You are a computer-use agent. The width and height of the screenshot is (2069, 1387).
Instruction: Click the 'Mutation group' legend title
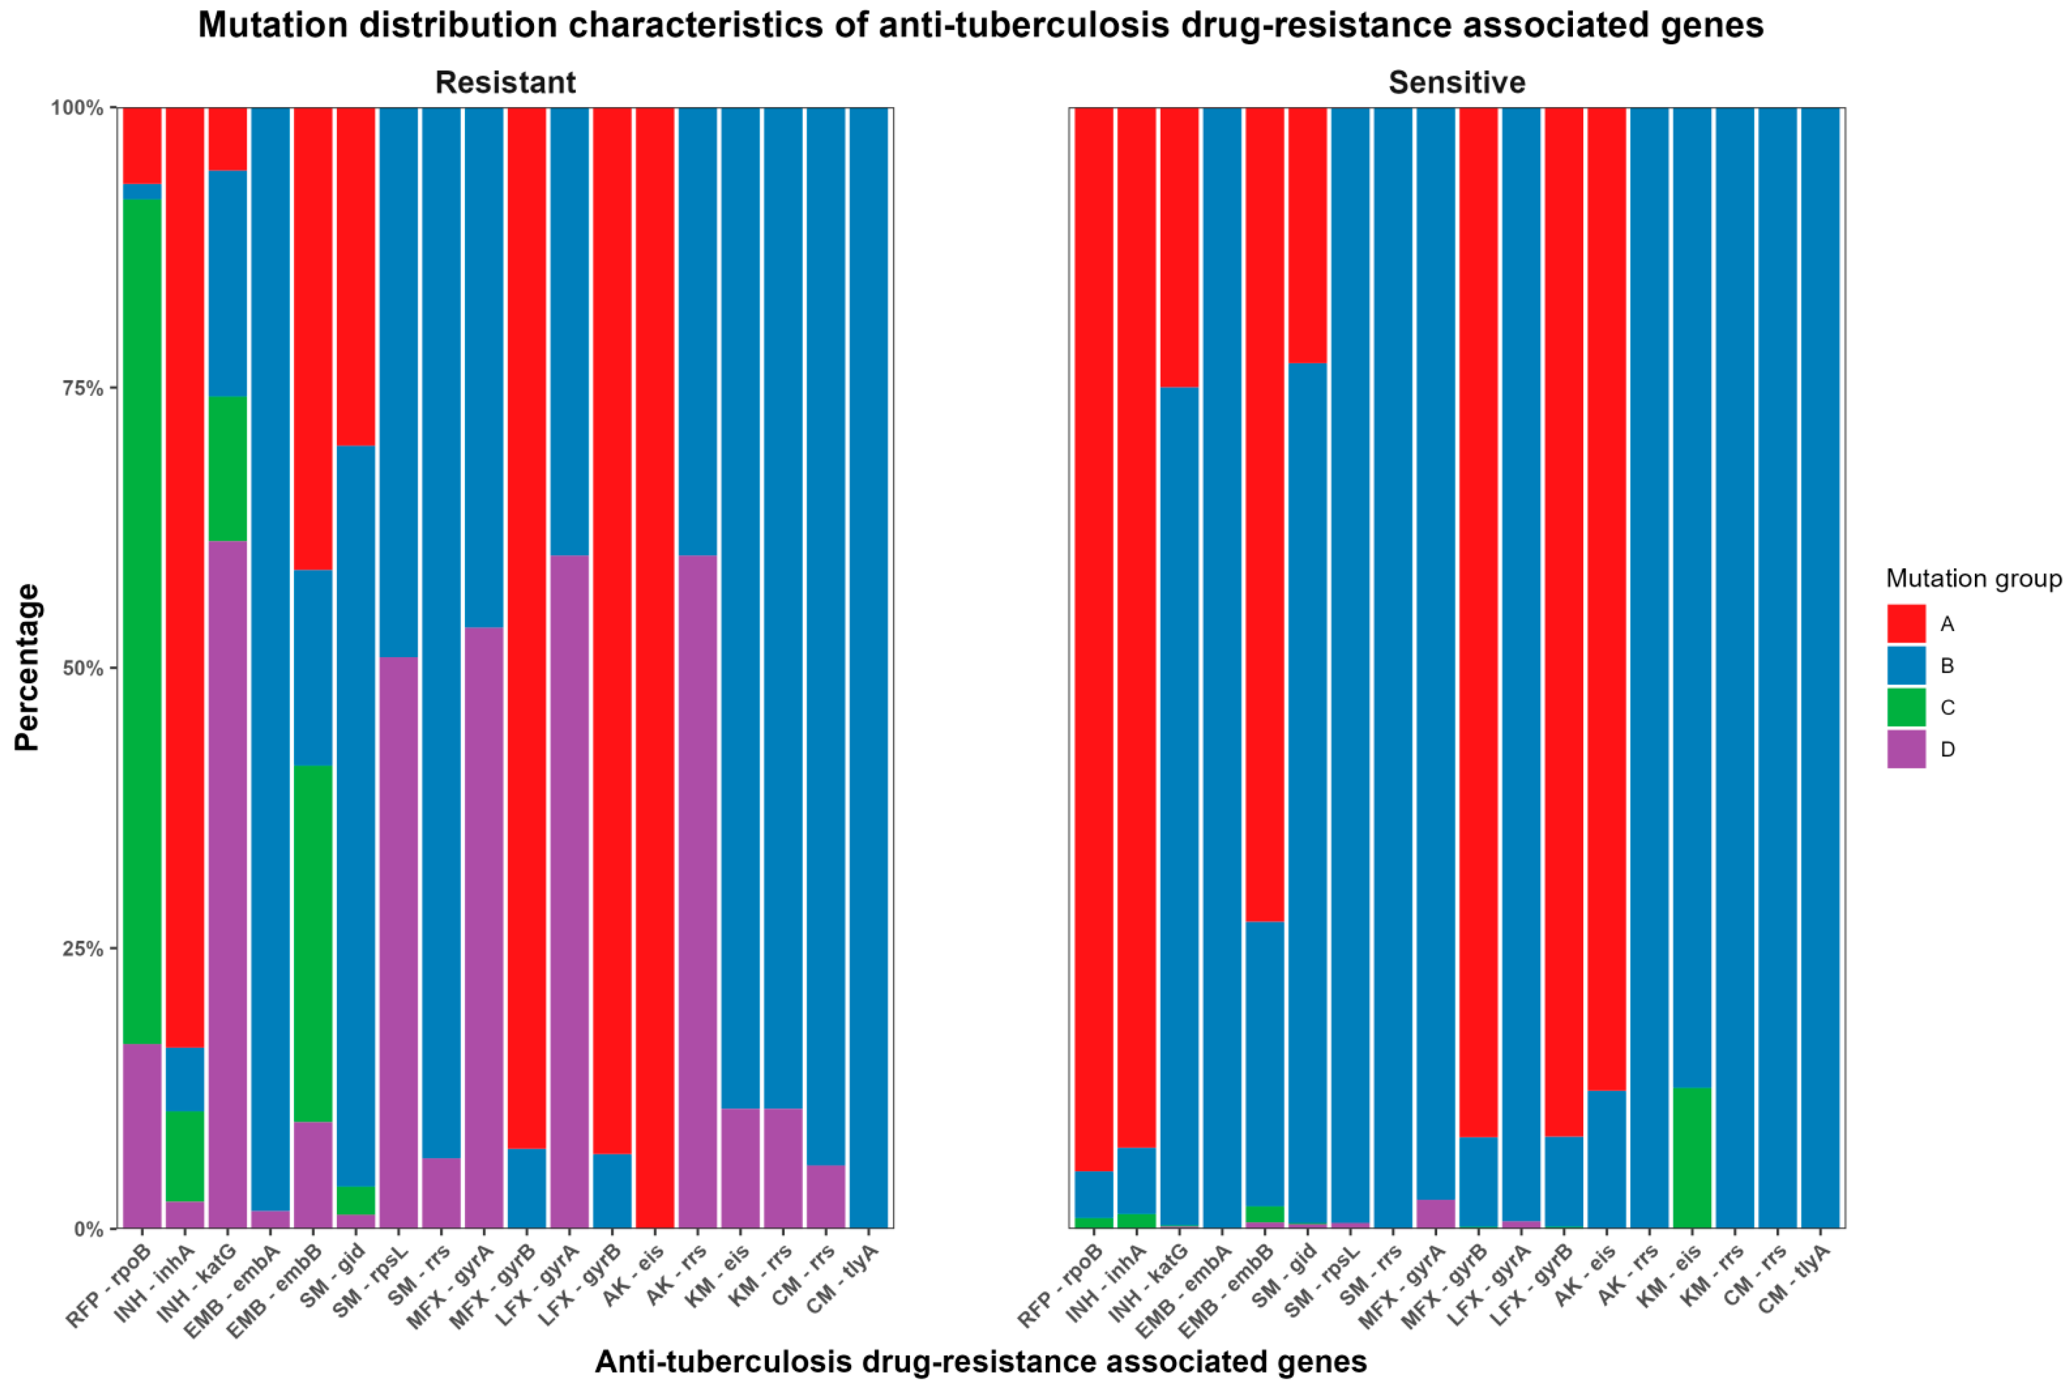coord(1973,579)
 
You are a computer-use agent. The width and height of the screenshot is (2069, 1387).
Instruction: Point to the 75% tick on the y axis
coord(85,388)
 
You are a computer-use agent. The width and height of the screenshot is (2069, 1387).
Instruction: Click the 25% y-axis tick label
coord(85,948)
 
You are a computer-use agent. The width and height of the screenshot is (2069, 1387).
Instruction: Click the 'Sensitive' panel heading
coord(1456,82)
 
